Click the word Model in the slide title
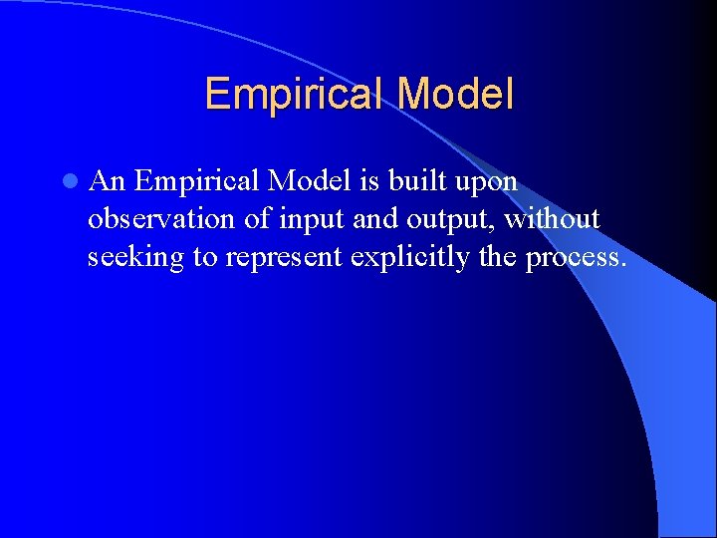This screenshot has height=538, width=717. [455, 95]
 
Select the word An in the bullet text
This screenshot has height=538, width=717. [107, 181]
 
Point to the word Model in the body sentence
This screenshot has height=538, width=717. [302, 181]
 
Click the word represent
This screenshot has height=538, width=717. [283, 258]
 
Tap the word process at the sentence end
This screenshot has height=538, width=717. [576, 258]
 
